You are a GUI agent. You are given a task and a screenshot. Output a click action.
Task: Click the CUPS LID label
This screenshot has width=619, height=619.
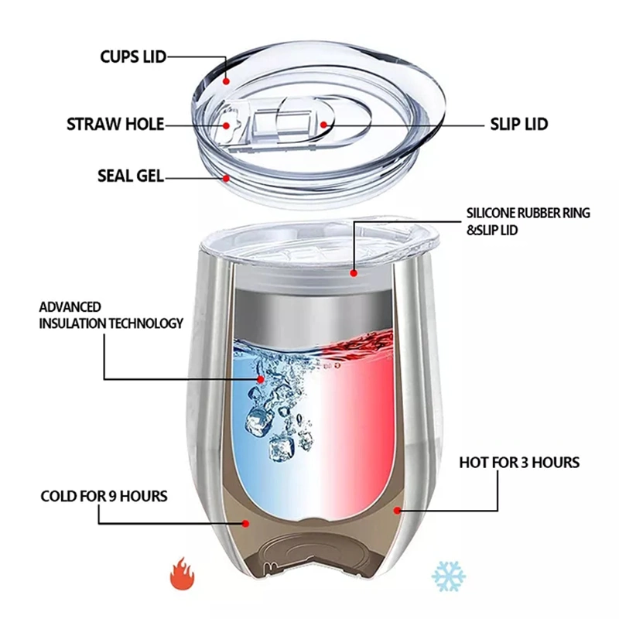132,56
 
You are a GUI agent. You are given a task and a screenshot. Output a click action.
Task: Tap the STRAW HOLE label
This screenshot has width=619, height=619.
115,124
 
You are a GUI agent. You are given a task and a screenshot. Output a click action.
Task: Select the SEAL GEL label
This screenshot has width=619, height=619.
130,176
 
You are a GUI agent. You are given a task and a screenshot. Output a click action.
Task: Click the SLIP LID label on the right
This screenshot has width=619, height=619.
519,124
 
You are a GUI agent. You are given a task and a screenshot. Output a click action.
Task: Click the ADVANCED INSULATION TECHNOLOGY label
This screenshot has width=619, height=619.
111,315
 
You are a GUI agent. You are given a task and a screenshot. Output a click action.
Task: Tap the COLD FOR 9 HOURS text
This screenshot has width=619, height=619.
104,495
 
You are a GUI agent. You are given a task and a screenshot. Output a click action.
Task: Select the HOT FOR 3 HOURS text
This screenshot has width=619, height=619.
519,463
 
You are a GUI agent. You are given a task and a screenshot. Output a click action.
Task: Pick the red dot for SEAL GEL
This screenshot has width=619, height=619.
226,177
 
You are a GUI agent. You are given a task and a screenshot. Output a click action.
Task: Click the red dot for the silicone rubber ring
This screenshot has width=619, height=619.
354,272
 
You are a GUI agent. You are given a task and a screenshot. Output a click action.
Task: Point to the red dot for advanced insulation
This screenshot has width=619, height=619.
261,379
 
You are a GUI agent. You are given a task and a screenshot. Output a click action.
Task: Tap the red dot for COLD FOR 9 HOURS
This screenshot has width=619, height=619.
246,522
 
